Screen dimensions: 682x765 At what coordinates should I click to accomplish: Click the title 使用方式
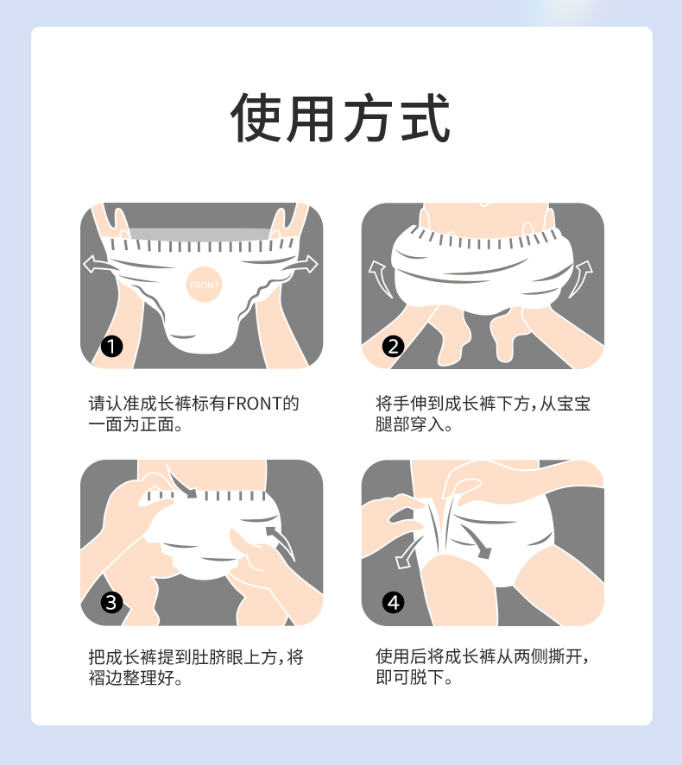click(x=340, y=117)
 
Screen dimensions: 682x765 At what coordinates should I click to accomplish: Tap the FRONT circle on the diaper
click(x=204, y=285)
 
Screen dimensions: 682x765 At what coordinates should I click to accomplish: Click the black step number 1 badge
click(x=111, y=347)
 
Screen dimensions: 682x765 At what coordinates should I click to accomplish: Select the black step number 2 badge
click(x=393, y=347)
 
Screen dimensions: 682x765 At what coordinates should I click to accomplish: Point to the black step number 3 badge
click(x=111, y=603)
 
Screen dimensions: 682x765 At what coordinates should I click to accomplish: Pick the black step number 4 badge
click(x=393, y=603)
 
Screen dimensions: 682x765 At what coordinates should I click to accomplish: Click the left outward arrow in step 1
click(x=100, y=265)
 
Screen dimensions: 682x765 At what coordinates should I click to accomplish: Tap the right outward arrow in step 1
click(x=303, y=265)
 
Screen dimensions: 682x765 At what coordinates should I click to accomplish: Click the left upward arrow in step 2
click(x=382, y=278)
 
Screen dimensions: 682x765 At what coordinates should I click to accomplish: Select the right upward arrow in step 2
click(x=580, y=278)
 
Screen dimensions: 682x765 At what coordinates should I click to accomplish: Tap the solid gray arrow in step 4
click(x=476, y=541)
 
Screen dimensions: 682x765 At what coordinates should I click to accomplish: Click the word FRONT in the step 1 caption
click(x=255, y=404)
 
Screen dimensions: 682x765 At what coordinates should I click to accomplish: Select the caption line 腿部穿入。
click(x=414, y=424)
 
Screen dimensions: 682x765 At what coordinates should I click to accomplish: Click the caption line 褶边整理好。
click(x=136, y=678)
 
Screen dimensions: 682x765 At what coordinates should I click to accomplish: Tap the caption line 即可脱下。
click(x=414, y=677)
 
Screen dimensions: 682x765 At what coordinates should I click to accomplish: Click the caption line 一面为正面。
click(x=136, y=424)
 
